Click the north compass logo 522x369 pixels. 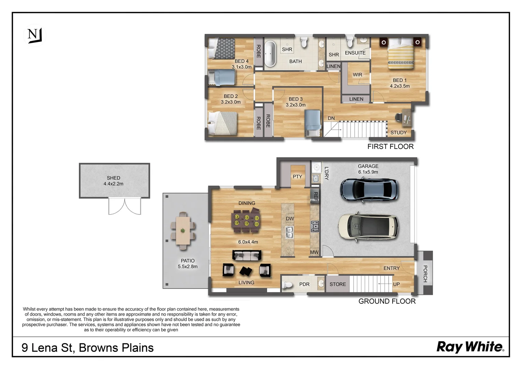click(x=35, y=36)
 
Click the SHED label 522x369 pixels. click(x=113, y=178)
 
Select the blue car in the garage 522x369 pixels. click(x=369, y=190)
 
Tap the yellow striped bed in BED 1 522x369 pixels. click(x=401, y=54)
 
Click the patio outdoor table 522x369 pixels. click(x=183, y=231)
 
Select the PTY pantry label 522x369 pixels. click(x=297, y=176)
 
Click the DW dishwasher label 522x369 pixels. click(x=290, y=218)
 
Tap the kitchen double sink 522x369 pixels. click(x=289, y=232)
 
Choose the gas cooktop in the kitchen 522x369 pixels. click(x=315, y=227)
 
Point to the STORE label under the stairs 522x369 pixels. click(x=338, y=284)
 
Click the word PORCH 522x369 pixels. click(x=425, y=274)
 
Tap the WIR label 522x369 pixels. click(x=357, y=74)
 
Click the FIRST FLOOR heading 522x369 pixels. click(x=390, y=146)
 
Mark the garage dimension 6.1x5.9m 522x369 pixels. click(x=368, y=172)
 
